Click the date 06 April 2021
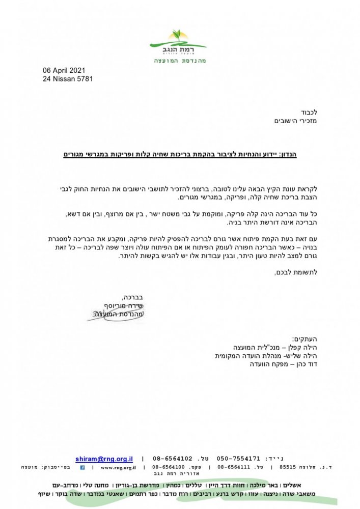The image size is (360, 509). coord(63,71)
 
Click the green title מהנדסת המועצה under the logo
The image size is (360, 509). coord(179,61)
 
